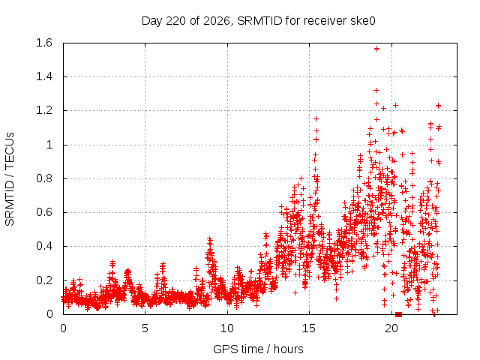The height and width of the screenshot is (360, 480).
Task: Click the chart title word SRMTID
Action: tap(259, 21)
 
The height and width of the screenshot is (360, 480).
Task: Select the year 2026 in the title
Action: tap(217, 21)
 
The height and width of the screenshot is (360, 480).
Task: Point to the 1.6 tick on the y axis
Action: tap(44, 43)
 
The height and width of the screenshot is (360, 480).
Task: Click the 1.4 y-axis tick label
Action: tap(44, 76)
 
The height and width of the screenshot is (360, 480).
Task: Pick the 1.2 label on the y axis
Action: tap(44, 110)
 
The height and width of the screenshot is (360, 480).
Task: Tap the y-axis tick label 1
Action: tap(49, 145)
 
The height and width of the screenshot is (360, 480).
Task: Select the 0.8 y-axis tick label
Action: tap(44, 178)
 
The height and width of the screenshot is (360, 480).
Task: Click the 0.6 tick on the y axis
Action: tap(44, 212)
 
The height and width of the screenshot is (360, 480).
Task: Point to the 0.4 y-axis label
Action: tap(44, 246)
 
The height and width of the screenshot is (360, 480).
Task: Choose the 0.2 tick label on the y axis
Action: tap(44, 280)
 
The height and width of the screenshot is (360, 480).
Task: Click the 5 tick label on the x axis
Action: tap(145, 328)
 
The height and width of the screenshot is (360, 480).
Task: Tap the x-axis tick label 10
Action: tap(227, 328)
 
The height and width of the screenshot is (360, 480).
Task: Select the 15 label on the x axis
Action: tap(309, 328)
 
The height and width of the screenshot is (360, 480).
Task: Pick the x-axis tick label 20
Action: tap(391, 328)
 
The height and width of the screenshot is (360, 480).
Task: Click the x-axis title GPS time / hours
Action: tap(258, 349)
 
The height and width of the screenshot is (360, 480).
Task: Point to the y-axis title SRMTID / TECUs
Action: tap(10, 179)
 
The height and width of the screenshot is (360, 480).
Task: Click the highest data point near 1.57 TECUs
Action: tap(376, 49)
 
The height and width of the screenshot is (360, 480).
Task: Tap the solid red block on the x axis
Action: tap(398, 314)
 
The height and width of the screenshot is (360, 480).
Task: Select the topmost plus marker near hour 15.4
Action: tap(316, 118)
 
